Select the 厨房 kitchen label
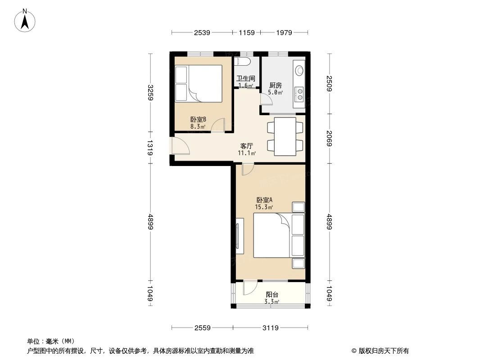[x=276, y=85]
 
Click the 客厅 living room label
[x=246, y=146]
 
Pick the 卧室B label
[x=198, y=119]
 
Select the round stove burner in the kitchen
[x=299, y=70]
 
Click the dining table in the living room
[x=285, y=136]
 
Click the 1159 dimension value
[x=247, y=32]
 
